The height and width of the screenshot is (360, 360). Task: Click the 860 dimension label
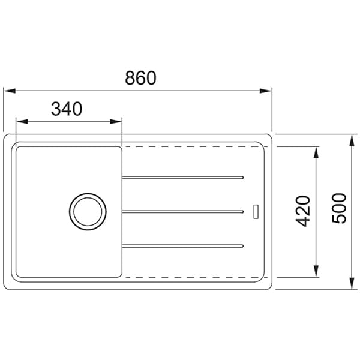tap(140, 78)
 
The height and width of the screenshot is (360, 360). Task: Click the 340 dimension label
tap(67, 109)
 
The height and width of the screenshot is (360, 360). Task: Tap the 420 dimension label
tap(302, 211)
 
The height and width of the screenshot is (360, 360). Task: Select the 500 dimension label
tap(339, 208)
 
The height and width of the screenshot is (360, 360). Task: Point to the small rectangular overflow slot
tap(256, 211)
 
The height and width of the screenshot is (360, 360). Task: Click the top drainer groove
tap(183, 178)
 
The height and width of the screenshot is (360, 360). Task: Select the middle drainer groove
tap(183, 212)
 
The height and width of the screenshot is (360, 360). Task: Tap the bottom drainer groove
tap(183, 246)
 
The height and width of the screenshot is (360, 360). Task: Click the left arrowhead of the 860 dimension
tap(10, 91)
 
